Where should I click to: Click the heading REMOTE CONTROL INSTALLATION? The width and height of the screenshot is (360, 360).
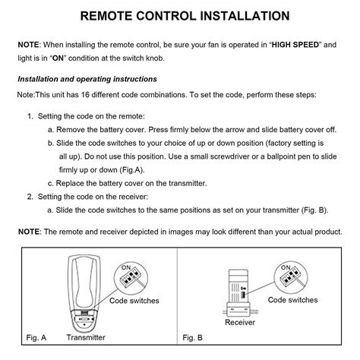click(x=179, y=15)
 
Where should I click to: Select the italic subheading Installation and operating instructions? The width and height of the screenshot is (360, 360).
click(x=87, y=79)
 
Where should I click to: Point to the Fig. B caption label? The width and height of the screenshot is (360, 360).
click(x=194, y=336)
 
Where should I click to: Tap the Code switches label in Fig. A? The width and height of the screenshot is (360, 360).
click(x=134, y=301)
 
